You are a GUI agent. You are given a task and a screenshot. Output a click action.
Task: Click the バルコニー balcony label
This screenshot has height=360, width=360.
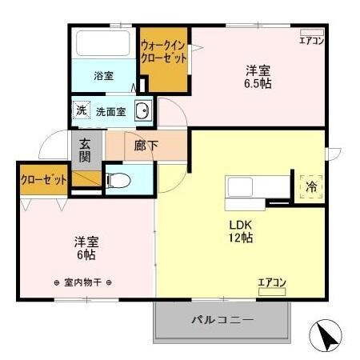[x=222, y=320]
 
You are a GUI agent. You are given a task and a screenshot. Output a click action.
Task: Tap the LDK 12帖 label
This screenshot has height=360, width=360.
[x=241, y=230]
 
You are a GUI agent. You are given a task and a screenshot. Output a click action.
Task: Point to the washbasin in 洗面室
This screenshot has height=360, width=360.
[x=142, y=112]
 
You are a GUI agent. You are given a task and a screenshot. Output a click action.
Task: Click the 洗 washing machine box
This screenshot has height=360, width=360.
[x=81, y=110]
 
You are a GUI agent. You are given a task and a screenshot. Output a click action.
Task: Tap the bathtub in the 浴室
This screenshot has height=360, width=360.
[x=103, y=43]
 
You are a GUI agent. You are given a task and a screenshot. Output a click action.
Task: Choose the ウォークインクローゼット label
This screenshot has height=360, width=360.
[x=164, y=52]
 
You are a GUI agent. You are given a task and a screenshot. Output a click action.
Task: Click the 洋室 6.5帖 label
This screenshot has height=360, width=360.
[x=258, y=76]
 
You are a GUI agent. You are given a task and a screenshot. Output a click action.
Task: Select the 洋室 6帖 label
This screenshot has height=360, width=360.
[x=86, y=246]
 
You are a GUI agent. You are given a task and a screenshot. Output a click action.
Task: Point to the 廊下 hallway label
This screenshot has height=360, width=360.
[x=145, y=146]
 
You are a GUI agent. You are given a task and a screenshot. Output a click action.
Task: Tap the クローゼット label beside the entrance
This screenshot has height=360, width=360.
[x=43, y=179]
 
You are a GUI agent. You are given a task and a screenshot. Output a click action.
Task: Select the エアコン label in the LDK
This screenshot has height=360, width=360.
[x=272, y=282]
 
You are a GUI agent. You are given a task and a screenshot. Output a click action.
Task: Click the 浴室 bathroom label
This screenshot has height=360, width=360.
[x=103, y=76]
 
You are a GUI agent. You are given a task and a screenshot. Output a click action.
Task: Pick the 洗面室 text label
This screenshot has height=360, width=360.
[x=111, y=112]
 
